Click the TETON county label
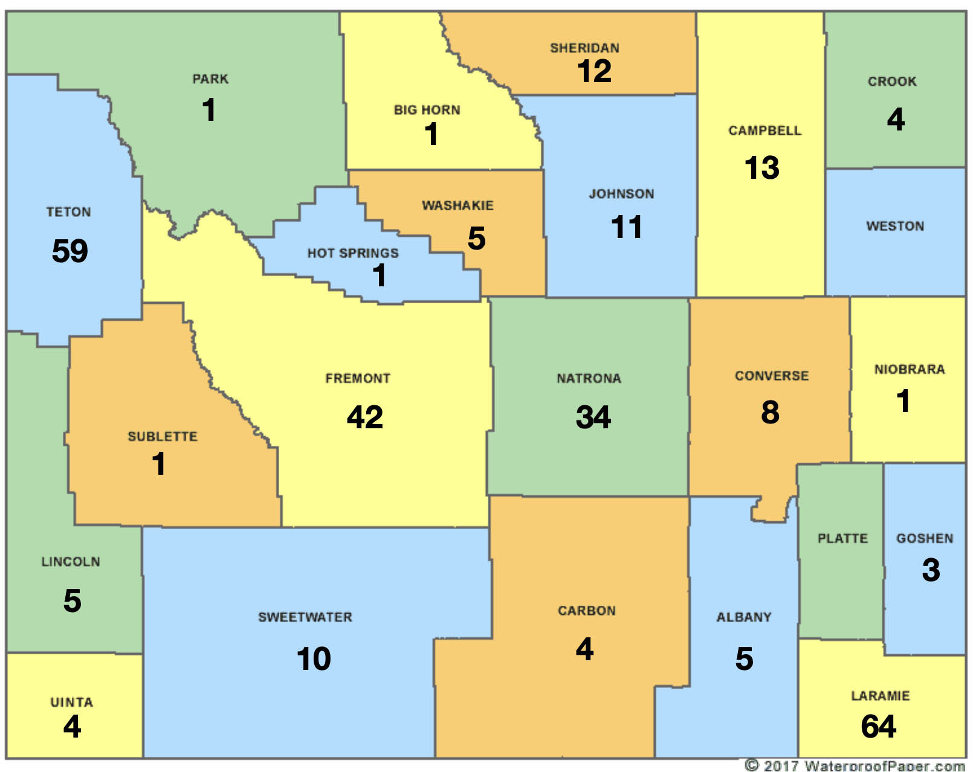[68, 212]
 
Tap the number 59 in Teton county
[69, 251]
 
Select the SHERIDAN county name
[584, 48]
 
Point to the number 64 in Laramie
[878, 726]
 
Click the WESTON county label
[895, 226]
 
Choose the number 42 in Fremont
[364, 417]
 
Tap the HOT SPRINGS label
[353, 253]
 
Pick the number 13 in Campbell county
[761, 167]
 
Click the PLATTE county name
[842, 538]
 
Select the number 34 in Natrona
[593, 417]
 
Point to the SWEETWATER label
[305, 617]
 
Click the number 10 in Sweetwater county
[314, 658]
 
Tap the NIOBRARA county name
[910, 369]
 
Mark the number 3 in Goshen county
[931, 570]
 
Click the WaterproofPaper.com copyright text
[855, 765]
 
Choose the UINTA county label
[71, 702]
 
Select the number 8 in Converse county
[770, 413]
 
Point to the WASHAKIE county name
[457, 205]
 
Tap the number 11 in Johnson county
[626, 227]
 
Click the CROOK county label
[892, 82]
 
